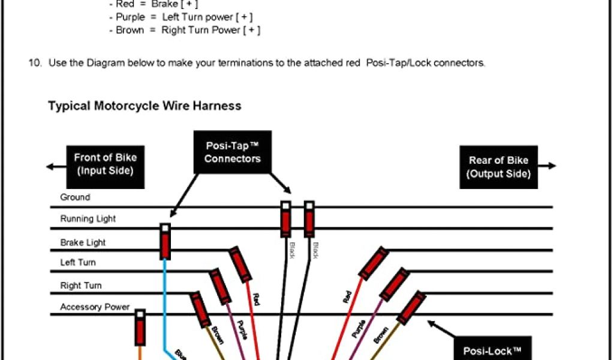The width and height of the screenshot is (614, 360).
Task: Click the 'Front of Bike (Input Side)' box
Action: pyautogui.click(x=106, y=164)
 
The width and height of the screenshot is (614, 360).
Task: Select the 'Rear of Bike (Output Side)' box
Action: pyautogui.click(x=498, y=167)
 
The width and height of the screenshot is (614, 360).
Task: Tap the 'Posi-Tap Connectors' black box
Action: pyautogui.click(x=233, y=152)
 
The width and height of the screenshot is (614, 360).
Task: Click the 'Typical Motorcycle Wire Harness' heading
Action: pyautogui.click(x=145, y=106)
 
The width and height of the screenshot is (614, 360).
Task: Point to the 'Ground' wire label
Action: pyautogui.click(x=75, y=197)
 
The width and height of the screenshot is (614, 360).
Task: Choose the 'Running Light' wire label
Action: pyautogui.click(x=88, y=219)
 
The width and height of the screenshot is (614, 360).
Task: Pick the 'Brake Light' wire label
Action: pyautogui.click(x=83, y=242)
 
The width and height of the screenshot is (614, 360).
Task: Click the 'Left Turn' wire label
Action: pyautogui.click(x=78, y=262)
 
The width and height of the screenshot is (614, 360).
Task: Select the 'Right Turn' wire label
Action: pyautogui.click(x=81, y=286)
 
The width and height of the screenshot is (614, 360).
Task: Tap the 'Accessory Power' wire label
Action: pyautogui.click(x=95, y=307)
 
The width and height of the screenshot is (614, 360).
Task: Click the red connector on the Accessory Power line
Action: pyautogui.click(x=140, y=327)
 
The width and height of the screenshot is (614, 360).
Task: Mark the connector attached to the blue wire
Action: pyautogui.click(x=165, y=241)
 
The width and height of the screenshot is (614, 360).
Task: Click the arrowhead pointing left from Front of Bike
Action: pyautogui.click(x=49, y=166)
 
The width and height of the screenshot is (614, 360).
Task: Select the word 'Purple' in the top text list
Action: pyautogui.click(x=131, y=17)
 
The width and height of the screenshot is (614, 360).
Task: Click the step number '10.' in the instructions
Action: pyautogui.click(x=34, y=62)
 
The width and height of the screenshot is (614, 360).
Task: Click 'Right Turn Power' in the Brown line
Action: pyautogui.click(x=201, y=30)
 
